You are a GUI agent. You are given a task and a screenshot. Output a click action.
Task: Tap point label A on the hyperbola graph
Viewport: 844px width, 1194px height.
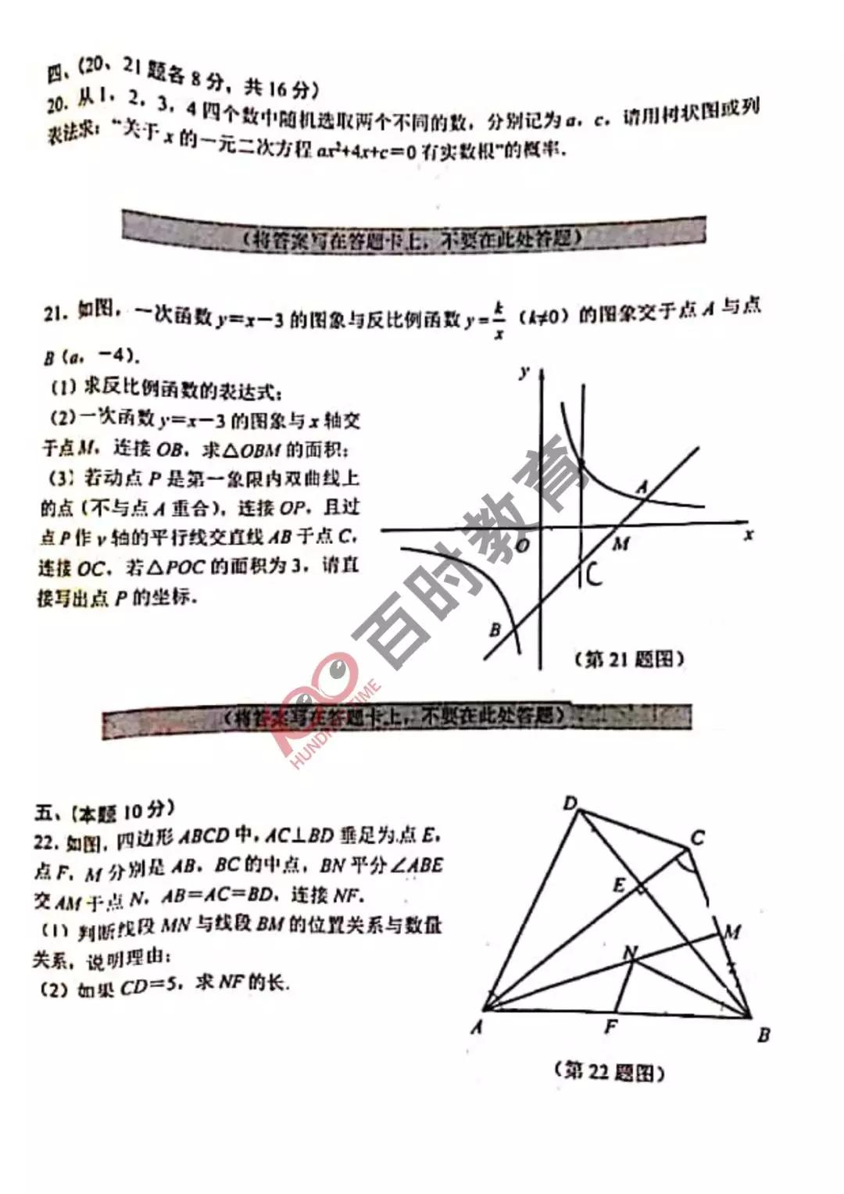[x=642, y=488]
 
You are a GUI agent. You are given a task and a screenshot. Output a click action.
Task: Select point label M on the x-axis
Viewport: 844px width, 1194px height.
[x=621, y=543]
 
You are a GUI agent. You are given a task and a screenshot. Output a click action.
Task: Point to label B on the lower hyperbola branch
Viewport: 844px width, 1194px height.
[x=495, y=629]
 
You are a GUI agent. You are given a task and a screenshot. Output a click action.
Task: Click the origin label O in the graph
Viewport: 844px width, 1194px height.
[x=523, y=545]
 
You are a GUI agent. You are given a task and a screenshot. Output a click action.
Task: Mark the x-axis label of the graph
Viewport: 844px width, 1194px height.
[x=749, y=534]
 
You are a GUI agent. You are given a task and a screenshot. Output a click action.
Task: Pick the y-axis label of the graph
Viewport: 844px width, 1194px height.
[x=524, y=372]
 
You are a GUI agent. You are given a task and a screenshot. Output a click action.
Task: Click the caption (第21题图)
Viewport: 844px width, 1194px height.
[x=629, y=660]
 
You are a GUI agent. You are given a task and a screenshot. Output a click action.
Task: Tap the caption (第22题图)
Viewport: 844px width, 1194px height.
[x=610, y=1071]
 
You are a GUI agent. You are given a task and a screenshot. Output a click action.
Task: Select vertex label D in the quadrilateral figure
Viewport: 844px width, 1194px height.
[x=570, y=803]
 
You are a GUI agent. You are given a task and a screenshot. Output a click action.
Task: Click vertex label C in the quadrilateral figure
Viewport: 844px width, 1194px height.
[x=698, y=838]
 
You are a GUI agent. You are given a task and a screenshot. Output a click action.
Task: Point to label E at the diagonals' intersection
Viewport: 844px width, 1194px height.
[x=619, y=885]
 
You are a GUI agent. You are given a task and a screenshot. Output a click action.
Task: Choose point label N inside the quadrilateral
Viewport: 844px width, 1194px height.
[x=630, y=953]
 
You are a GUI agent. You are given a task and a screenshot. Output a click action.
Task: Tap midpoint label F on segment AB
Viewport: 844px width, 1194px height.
[x=611, y=1027]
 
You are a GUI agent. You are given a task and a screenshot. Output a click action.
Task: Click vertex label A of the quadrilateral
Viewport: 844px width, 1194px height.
[x=477, y=1028]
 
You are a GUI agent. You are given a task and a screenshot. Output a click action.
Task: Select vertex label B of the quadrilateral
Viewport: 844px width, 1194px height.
[x=764, y=1035]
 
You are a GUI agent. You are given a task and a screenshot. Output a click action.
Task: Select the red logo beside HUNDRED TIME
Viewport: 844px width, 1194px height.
[x=316, y=695]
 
